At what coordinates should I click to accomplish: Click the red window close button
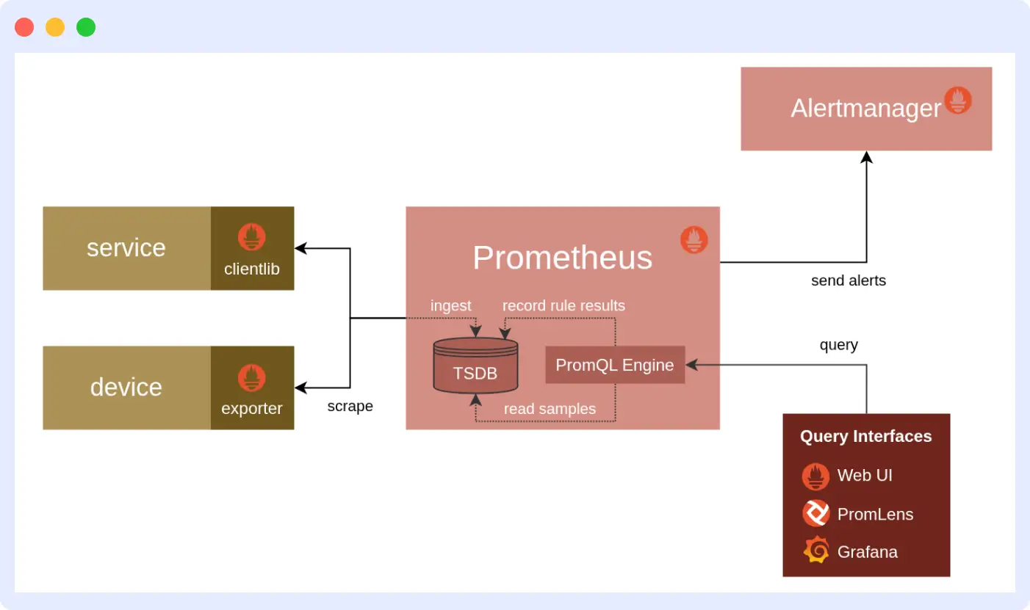(x=24, y=27)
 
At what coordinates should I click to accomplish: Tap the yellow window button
(x=55, y=27)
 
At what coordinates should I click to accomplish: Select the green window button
(x=86, y=27)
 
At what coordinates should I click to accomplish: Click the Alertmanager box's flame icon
(x=958, y=101)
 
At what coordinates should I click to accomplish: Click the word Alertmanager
(x=865, y=109)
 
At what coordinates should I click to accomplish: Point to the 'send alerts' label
(x=848, y=280)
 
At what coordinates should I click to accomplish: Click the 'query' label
(x=838, y=345)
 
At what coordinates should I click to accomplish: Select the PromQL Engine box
(x=615, y=365)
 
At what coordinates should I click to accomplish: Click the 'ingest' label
(x=450, y=305)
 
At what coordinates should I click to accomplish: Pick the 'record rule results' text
(x=563, y=305)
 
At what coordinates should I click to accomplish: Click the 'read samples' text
(x=550, y=409)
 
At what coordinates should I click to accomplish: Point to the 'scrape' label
(x=350, y=406)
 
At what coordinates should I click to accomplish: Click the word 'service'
(x=126, y=247)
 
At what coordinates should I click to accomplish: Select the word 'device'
(x=126, y=387)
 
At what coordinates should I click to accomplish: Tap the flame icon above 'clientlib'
(x=252, y=237)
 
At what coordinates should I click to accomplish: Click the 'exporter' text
(x=252, y=408)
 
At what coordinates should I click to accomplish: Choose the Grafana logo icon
(x=815, y=551)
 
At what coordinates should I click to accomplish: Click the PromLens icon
(x=815, y=513)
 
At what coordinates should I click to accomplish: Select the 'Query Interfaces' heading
(x=865, y=436)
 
